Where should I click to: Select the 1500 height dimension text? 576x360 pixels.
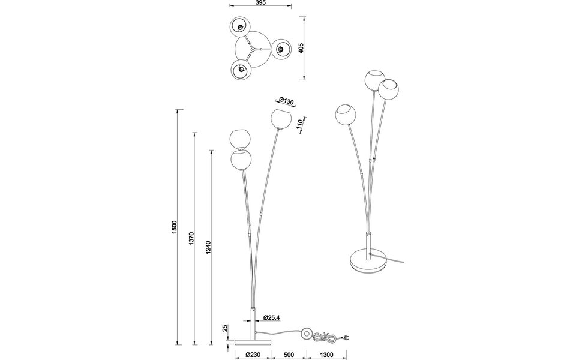[x=174, y=227]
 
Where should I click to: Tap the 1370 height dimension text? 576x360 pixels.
[x=192, y=239]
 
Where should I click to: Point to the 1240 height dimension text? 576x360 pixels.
[x=208, y=247]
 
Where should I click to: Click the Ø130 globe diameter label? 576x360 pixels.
[x=286, y=101]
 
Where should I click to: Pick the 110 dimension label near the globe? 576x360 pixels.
[x=298, y=124]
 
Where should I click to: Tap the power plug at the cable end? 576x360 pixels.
[x=346, y=338]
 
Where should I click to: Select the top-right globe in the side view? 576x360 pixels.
[x=279, y=118]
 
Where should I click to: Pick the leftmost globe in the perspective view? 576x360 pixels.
[x=346, y=115]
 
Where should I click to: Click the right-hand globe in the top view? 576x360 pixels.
[x=280, y=49]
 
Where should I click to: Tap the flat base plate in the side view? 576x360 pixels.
[x=252, y=340]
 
